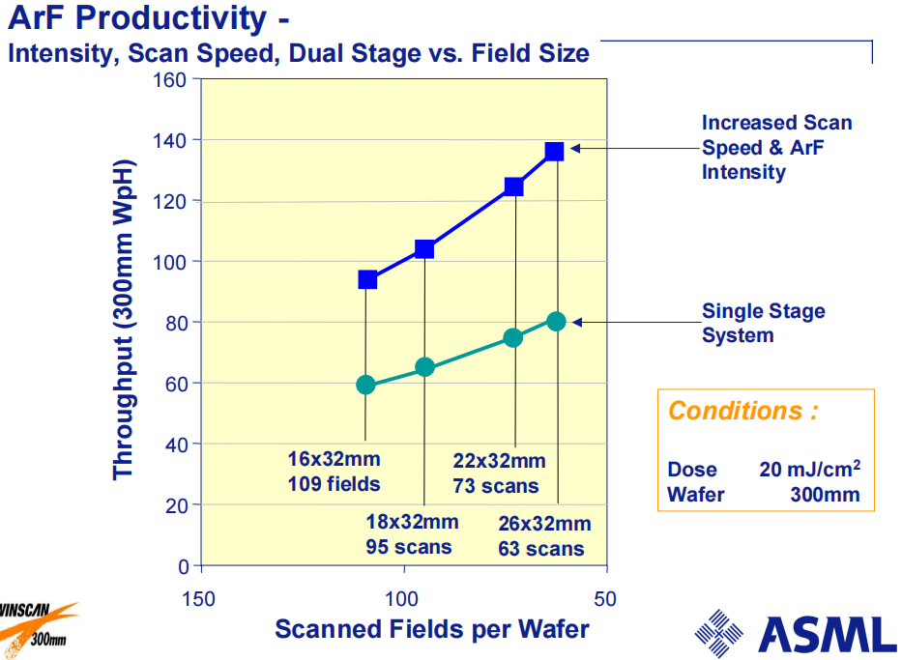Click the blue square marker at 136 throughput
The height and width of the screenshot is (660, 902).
point(554,151)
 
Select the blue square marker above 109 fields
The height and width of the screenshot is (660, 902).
point(367,279)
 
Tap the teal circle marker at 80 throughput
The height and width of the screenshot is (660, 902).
point(556,321)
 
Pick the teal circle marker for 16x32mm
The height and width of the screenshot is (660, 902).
point(365,385)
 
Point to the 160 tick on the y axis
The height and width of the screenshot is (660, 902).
point(171,79)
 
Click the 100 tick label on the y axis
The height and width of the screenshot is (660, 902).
point(171,262)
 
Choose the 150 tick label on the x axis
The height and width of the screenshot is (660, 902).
point(199,599)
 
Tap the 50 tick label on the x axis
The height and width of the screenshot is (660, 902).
point(605,599)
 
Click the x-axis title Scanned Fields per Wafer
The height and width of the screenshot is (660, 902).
point(432,629)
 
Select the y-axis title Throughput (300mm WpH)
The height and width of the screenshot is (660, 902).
point(123,320)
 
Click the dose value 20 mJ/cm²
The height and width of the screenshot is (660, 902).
point(810,470)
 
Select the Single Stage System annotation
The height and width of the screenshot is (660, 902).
point(763,324)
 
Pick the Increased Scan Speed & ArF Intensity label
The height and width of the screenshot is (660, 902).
point(776,148)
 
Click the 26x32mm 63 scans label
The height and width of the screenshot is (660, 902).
point(544,536)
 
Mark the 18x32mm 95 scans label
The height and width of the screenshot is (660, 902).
point(412,534)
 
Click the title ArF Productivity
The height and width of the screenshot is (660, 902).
point(141,17)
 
